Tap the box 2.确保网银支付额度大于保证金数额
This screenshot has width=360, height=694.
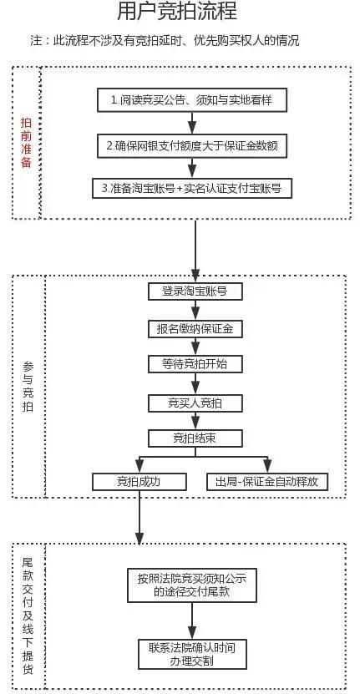pos(193,144)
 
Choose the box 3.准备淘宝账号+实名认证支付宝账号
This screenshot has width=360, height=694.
pos(193,189)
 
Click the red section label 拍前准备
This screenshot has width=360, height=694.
pos(26,142)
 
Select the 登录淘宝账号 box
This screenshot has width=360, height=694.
pos(194,291)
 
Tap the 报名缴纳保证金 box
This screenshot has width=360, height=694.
pos(194,328)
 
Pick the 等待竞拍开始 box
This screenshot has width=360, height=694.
pos(194,365)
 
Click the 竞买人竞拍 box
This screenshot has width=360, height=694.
pos(194,403)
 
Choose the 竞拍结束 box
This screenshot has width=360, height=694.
pos(194,438)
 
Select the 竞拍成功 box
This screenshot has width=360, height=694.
pos(138,482)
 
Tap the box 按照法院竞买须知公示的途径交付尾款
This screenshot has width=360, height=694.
pos(192,584)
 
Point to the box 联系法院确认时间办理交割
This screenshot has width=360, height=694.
pos(192,654)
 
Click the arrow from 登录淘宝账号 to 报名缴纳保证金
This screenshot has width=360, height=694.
pos(194,310)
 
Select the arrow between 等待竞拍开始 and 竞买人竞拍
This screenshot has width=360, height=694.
pos(194,383)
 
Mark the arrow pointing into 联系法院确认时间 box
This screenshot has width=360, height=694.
pos(192,621)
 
